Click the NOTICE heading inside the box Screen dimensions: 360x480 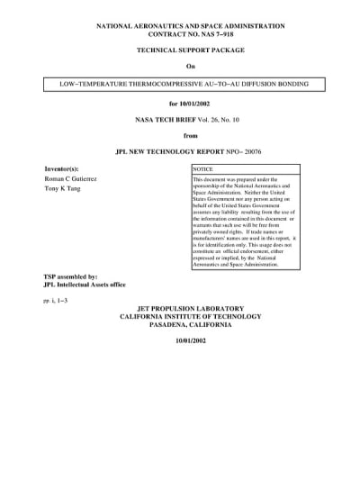point(204,168)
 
